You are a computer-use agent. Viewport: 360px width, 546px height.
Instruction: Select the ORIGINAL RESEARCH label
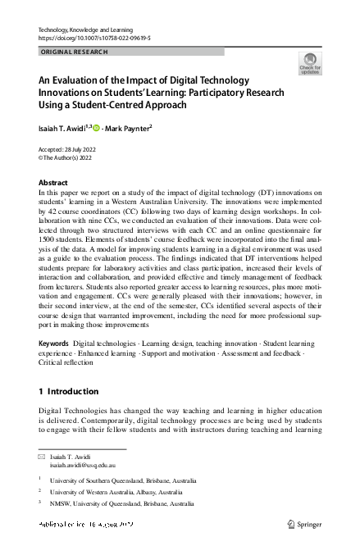pyautogui.click(x=74, y=51)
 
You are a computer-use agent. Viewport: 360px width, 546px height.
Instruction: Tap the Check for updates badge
pyautogui.click(x=310, y=63)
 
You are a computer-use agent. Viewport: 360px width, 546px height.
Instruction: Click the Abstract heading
pyautogui.click(x=53, y=182)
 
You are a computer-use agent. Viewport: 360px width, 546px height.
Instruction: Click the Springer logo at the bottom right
pyautogui.click(x=303, y=523)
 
